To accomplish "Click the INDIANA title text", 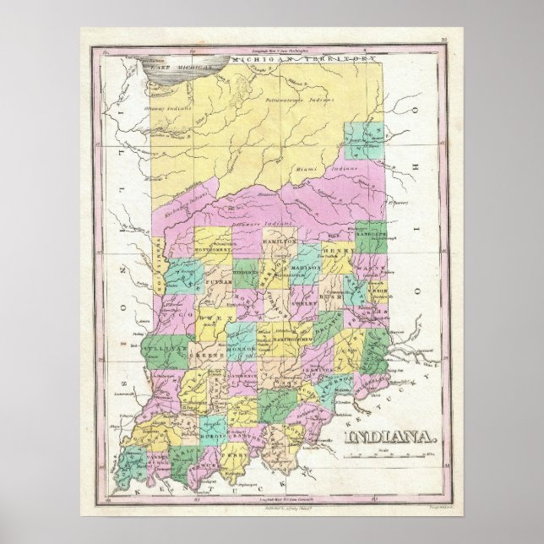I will pyautogui.click(x=390, y=438).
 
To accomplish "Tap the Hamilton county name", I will pyautogui.click(x=280, y=242).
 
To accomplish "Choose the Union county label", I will pyautogui.click(x=377, y=291).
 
